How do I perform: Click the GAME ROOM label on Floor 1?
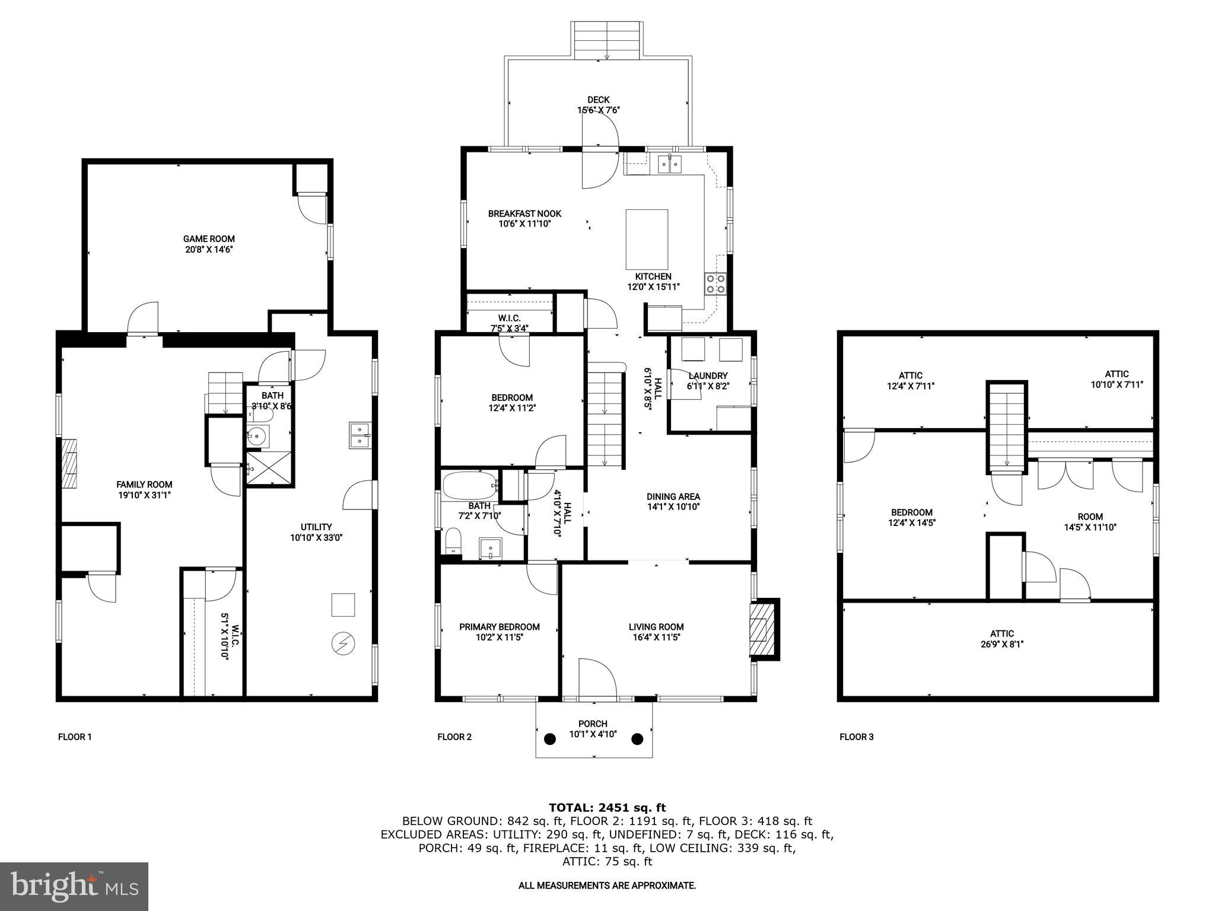pyautogui.click(x=209, y=239)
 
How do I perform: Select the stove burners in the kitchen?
pyautogui.click(x=715, y=284)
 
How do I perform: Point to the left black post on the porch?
pyautogui.click(x=550, y=739)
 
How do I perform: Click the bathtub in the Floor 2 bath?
pyautogui.click(x=469, y=486)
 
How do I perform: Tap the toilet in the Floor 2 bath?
pyautogui.click(x=453, y=541)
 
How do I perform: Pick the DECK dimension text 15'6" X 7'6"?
pyautogui.click(x=599, y=110)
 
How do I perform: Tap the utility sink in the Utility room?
pyautogui.click(x=359, y=435)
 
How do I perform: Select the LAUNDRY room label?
pyautogui.click(x=708, y=376)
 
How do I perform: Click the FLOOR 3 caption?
pyautogui.click(x=856, y=737)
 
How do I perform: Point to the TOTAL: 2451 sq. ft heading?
pyautogui.click(x=607, y=808)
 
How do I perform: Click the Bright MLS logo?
pyautogui.click(x=74, y=886)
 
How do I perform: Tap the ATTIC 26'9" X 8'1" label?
pyautogui.click(x=1001, y=638)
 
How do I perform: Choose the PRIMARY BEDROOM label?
pyautogui.click(x=499, y=627)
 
